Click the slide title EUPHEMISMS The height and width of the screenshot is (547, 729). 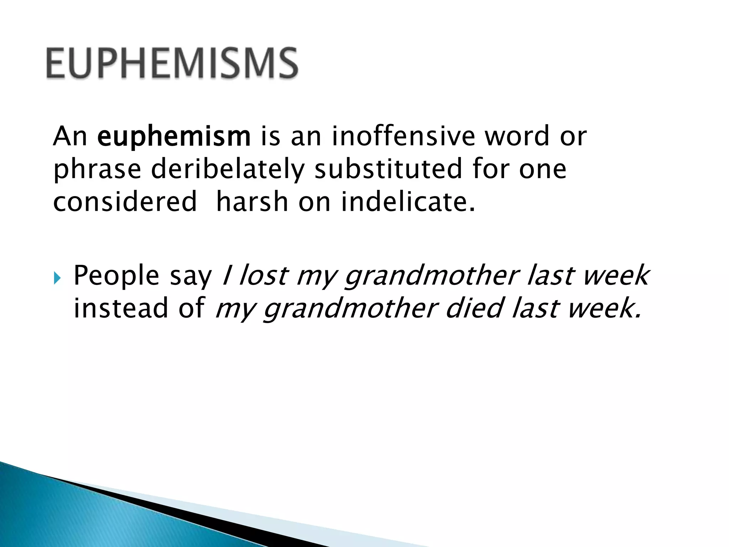point(172,63)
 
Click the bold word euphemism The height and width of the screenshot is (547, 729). point(174,136)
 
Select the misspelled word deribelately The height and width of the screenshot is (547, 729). point(228,169)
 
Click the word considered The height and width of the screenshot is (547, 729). point(125,202)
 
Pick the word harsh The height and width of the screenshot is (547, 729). point(252,202)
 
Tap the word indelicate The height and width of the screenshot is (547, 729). point(408,202)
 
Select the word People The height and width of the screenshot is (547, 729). point(116,276)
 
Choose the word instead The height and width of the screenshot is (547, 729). point(121,308)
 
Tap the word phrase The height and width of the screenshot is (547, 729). point(97,170)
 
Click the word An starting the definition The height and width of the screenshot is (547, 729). point(70,136)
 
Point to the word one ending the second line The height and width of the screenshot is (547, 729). point(542,170)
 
